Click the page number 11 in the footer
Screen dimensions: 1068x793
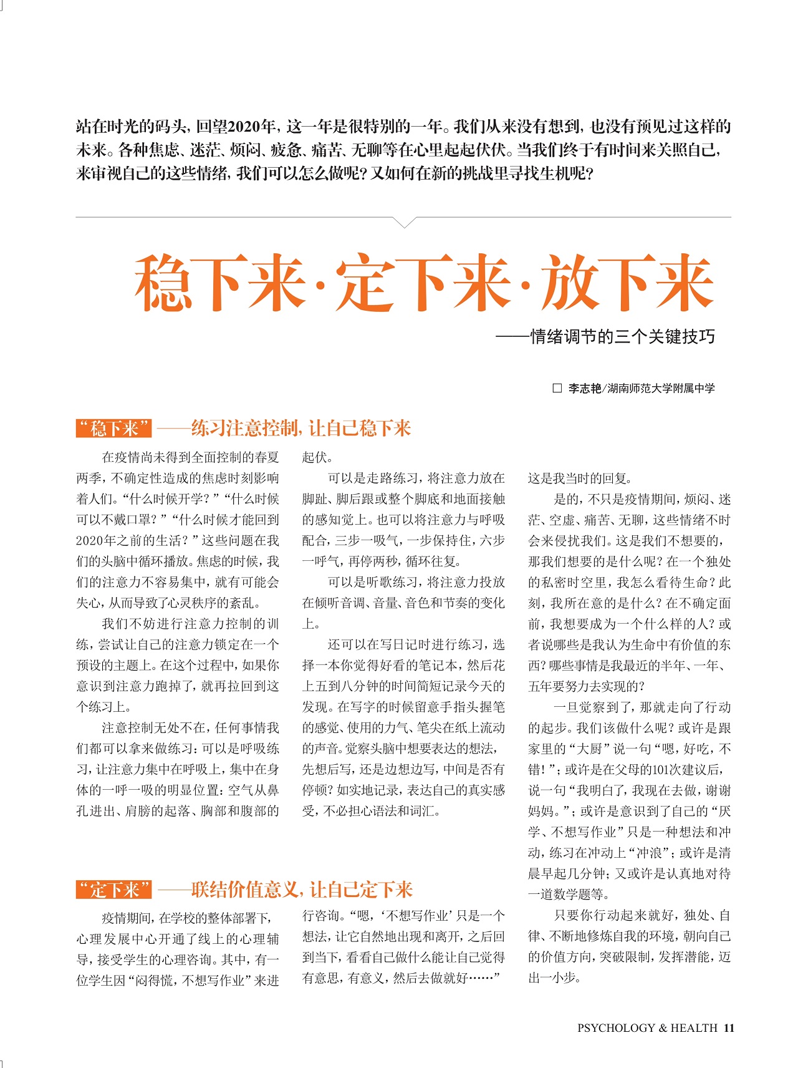[729, 1028]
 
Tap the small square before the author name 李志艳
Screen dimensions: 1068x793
[557, 388]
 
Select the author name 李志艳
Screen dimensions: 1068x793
[584, 388]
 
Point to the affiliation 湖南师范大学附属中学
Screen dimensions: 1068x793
[661, 388]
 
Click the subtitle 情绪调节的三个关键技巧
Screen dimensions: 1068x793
[622, 337]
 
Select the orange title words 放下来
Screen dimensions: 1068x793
[627, 284]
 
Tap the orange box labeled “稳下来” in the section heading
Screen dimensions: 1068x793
[113, 429]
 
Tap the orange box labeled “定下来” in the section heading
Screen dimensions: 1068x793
[113, 890]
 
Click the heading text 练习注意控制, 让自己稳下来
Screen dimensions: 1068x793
[300, 429]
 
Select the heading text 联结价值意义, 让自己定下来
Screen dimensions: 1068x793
[302, 890]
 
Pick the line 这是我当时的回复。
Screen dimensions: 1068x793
[580, 478]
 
